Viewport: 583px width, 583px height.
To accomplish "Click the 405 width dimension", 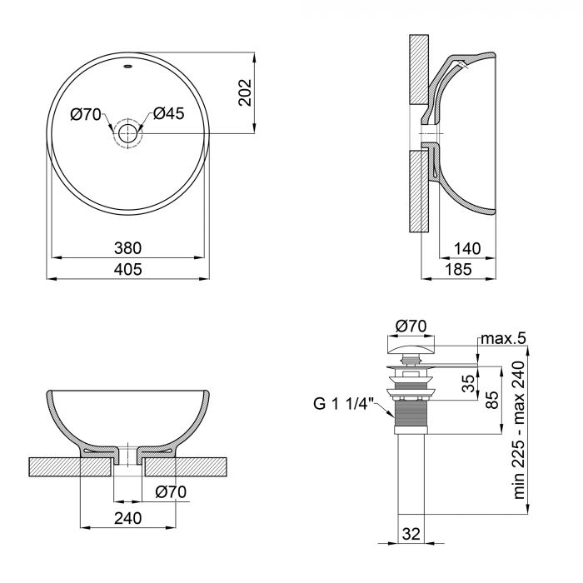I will [x=128, y=269].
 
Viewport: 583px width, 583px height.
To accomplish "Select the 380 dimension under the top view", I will [x=128, y=247].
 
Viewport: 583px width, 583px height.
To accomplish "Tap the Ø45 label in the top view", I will [x=168, y=115].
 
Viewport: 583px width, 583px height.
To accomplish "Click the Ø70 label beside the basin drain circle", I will [x=87, y=115].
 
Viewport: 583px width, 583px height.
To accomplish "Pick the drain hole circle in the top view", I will [x=128, y=133].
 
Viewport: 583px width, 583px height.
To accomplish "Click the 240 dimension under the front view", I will [x=128, y=518].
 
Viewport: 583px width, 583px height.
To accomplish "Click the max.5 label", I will [x=502, y=338].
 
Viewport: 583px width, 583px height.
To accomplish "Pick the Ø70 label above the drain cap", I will [x=411, y=325].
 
